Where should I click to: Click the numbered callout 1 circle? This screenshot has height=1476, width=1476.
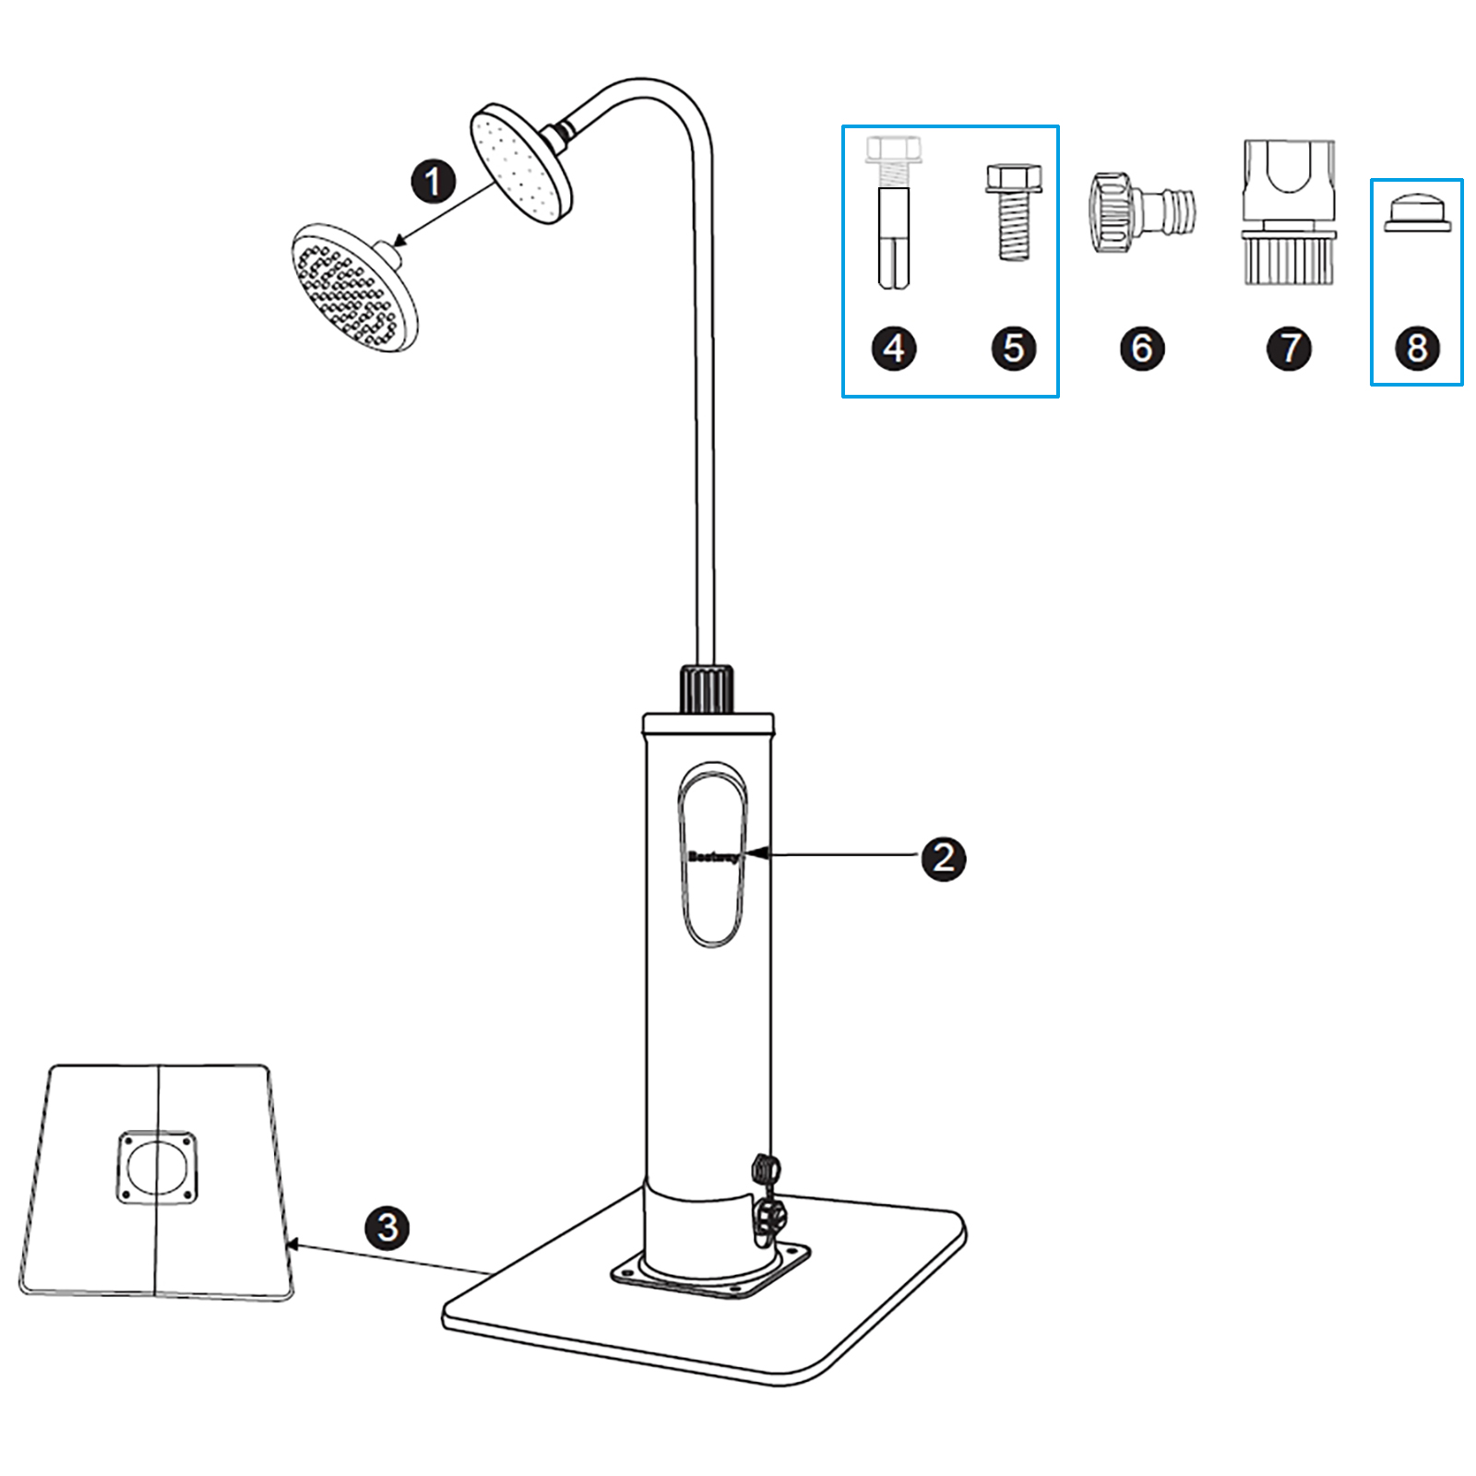433,181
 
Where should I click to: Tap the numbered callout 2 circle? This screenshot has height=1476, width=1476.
943,858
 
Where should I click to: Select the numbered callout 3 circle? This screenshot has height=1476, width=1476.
387,1227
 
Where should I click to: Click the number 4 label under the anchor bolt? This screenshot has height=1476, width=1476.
894,349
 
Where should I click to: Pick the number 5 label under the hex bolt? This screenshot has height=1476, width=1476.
1013,349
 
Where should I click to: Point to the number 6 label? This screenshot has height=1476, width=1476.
1142,349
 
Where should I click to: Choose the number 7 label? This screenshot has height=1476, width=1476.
1289,349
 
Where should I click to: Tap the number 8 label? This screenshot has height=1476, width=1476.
1417,349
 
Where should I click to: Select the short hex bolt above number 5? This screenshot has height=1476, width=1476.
1013,212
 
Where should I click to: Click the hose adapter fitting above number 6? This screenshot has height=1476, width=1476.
1142,212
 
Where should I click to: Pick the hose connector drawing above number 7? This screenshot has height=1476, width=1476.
1289,212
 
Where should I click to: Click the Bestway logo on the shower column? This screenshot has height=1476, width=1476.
712,857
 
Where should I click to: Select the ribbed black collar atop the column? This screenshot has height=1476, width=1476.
708,689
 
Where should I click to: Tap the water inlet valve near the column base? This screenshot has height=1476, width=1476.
767,1199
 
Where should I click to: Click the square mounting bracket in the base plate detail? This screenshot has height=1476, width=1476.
158,1167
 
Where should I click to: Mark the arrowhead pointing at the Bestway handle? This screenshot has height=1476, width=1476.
757,855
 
